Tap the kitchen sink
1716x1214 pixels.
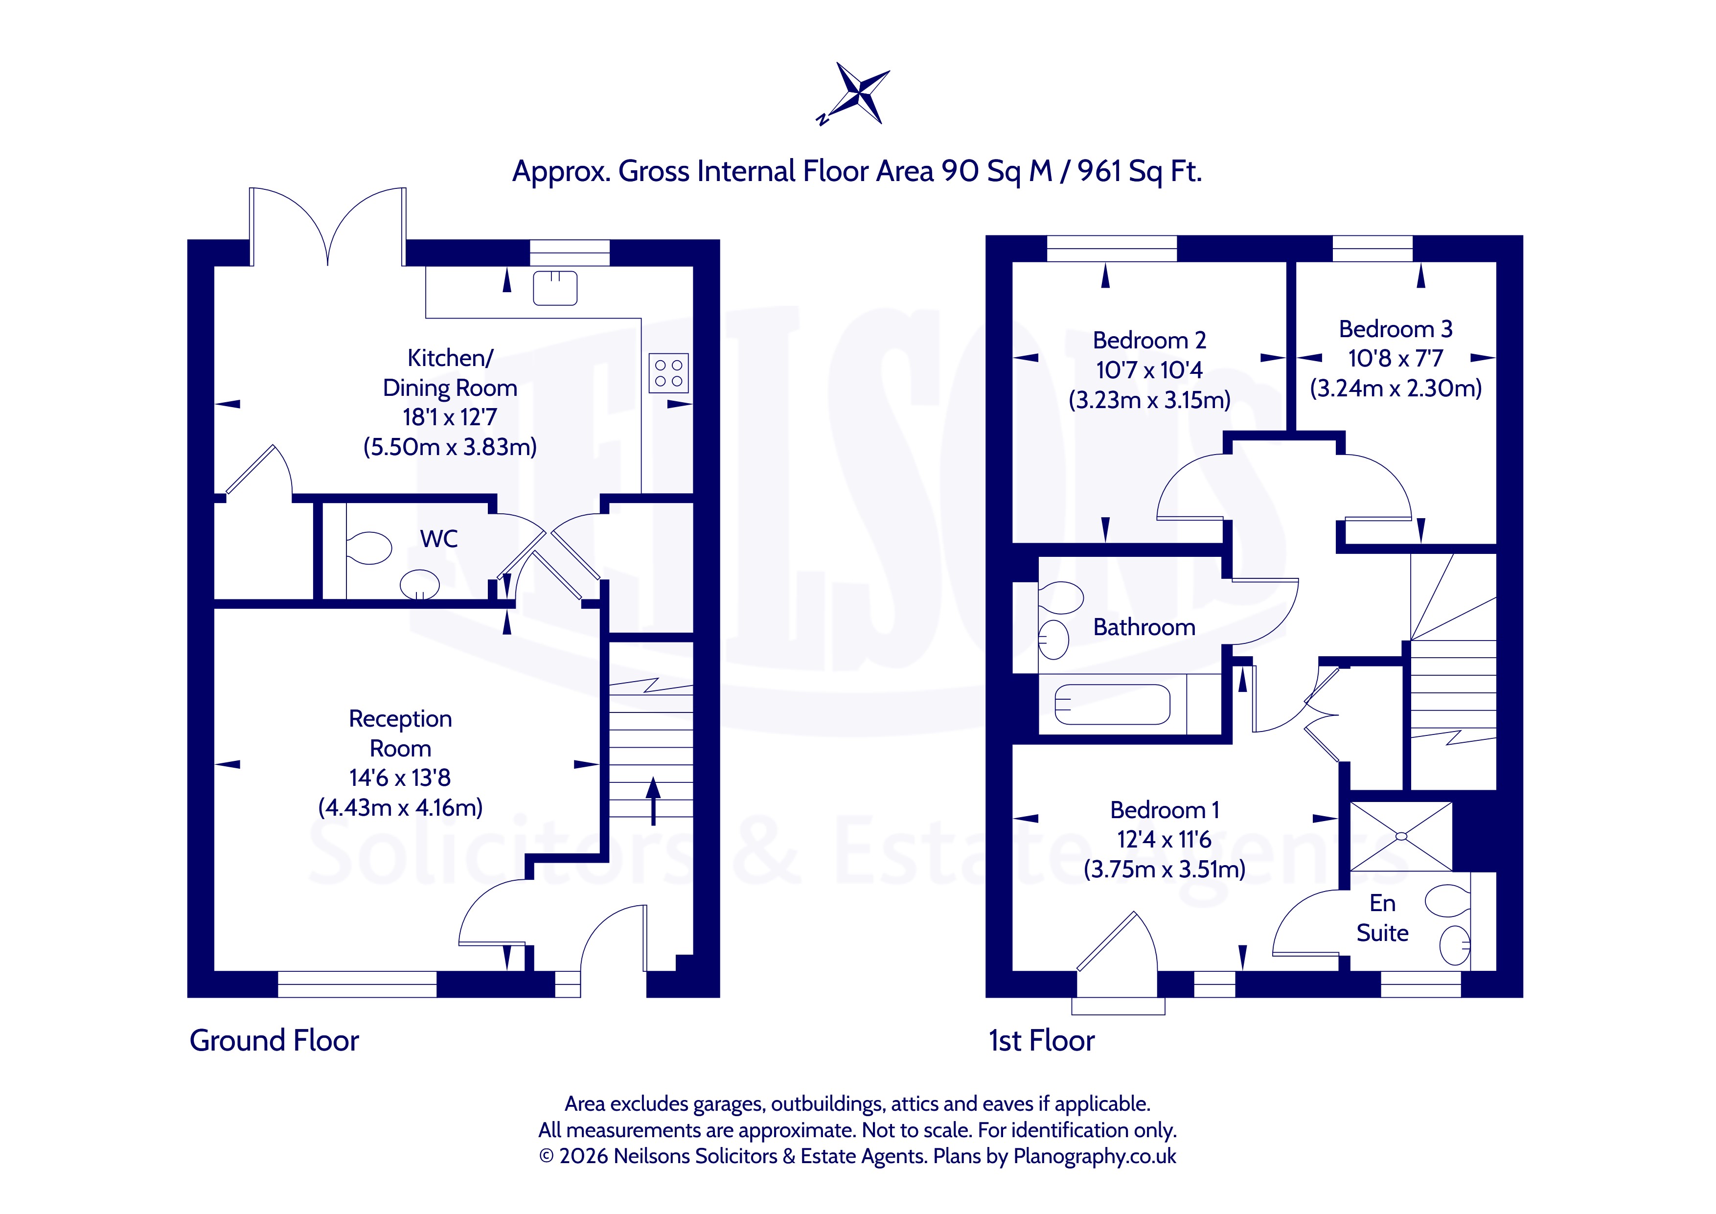pos(555,288)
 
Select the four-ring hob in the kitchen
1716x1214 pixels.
pos(668,373)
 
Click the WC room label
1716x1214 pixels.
pos(439,538)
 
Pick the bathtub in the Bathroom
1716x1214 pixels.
pos(1112,704)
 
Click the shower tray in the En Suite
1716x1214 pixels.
pos(1401,837)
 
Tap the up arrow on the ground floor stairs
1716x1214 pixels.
pos(653,801)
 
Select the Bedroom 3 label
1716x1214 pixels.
pos(1396,329)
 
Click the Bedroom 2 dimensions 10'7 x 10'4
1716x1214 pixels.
pos(1149,370)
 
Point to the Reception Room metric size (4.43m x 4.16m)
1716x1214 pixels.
pos(401,807)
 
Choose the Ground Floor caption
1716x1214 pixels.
pos(275,1041)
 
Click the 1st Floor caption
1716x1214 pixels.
pos(1042,1041)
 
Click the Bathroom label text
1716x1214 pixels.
pos(1144,627)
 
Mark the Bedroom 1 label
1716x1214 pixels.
pos(1165,810)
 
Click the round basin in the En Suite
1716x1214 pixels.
pos(1454,945)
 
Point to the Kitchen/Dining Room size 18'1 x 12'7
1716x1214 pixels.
pos(450,417)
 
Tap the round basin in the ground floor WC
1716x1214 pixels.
pos(420,584)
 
